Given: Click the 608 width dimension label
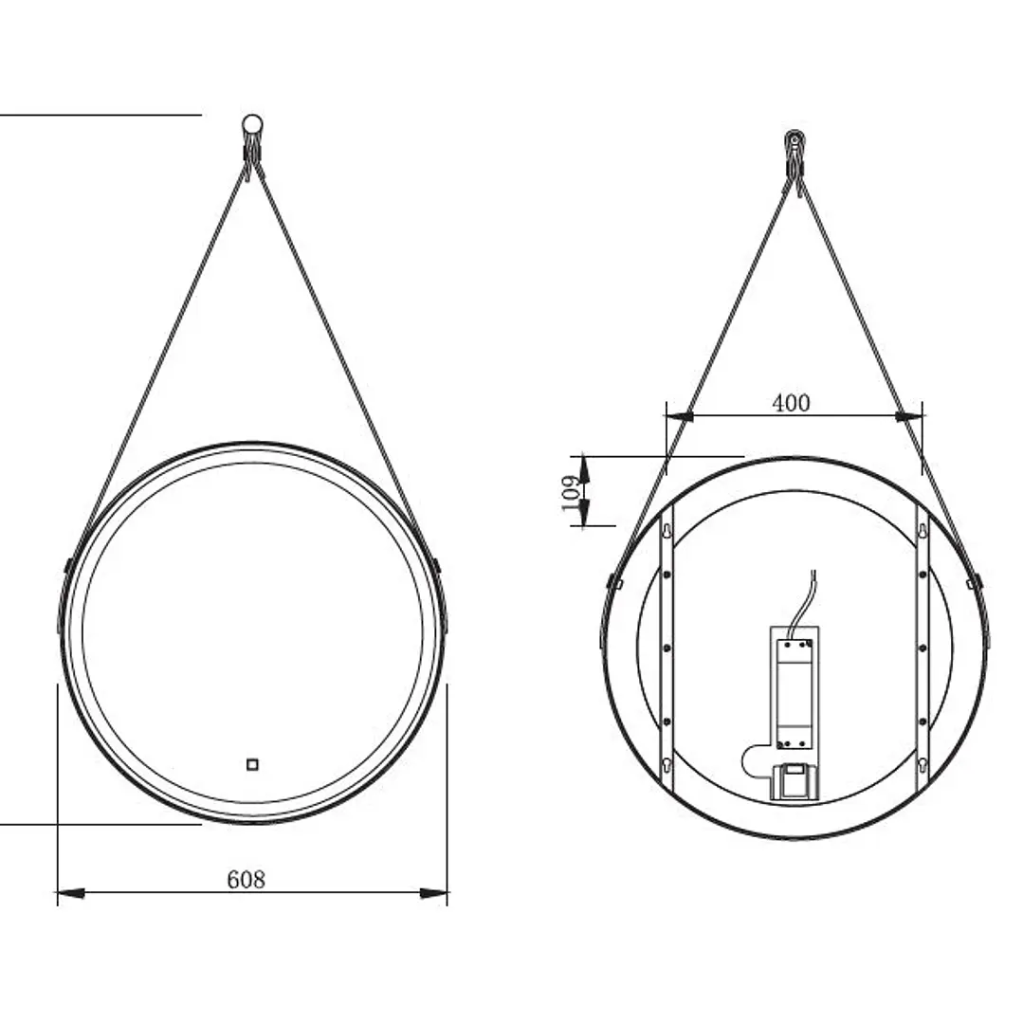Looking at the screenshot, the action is point(246,880).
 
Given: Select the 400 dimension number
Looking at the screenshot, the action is point(791,403).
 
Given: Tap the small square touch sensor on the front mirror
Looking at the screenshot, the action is point(252,764).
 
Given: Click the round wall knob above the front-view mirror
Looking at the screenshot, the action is point(251,124).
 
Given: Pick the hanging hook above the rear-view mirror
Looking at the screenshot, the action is point(794,156).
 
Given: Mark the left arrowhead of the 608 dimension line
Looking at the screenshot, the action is point(71,892).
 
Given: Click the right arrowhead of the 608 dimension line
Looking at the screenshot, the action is point(434,892).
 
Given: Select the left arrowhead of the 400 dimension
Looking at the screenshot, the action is point(679,415).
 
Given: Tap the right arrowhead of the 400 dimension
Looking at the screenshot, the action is point(909,415).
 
